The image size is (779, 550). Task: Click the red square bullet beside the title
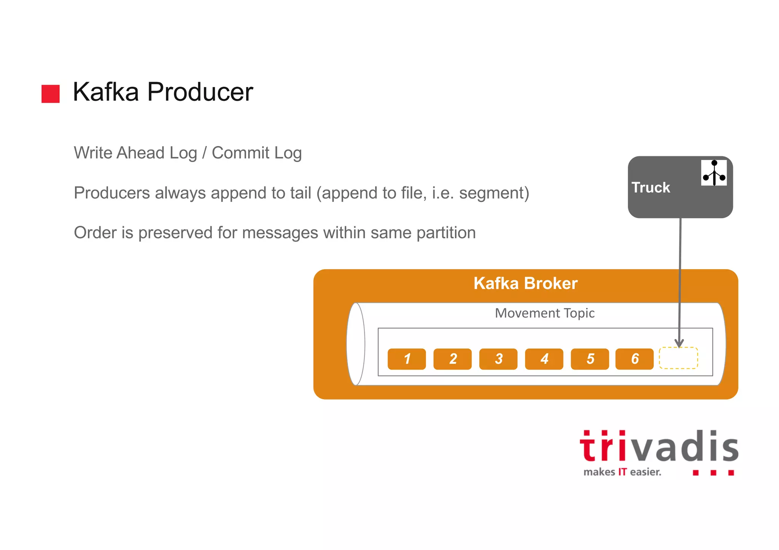pos(51,94)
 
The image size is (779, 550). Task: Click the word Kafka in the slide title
pos(106,92)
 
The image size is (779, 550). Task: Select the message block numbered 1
pos(407,359)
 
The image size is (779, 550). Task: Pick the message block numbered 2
pos(452,359)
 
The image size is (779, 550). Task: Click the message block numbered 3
pos(498,359)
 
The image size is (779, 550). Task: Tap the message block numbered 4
pos(544,359)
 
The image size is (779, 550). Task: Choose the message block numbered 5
pos(590,359)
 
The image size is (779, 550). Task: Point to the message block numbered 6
pos(634,359)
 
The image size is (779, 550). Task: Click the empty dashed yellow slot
pos(678,358)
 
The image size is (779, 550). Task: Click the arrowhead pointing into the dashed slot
pos(679,343)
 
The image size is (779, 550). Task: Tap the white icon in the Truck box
pos(714,173)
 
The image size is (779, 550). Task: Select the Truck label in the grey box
pos(651,187)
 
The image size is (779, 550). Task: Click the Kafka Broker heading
pos(525,284)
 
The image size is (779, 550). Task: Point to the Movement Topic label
pos(545,313)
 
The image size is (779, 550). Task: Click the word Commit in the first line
pos(240,153)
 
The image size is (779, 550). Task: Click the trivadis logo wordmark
pos(659,447)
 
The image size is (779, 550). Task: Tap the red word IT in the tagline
pos(622,472)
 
